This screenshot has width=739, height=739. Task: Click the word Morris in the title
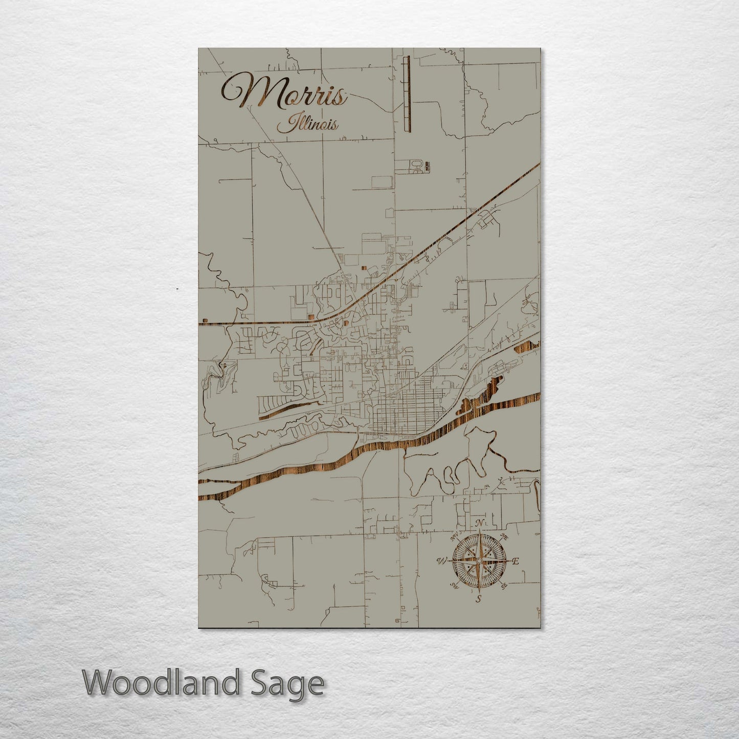284,92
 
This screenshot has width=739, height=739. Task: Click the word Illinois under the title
307,124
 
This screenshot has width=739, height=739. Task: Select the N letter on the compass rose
480,523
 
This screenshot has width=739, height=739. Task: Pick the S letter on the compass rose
479,599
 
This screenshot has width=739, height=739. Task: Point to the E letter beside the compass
516,562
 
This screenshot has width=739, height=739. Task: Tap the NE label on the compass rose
504,538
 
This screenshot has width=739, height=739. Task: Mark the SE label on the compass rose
504,586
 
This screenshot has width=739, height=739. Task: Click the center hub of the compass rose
479,561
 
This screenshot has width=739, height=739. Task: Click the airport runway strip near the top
407,95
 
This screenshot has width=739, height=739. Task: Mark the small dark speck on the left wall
177,289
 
